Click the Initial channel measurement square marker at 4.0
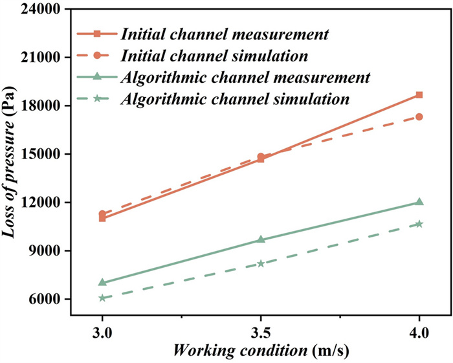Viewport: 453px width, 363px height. [419, 95]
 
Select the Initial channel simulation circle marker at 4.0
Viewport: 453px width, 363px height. [419, 117]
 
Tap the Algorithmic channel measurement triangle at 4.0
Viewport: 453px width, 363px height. [419, 202]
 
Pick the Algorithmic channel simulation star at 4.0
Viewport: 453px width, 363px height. [419, 224]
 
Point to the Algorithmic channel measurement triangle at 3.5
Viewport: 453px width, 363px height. [261, 239]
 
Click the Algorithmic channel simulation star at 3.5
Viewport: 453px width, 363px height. [261, 263]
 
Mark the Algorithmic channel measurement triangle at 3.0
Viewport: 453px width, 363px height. [102, 282]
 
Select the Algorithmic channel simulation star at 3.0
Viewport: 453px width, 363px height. [102, 298]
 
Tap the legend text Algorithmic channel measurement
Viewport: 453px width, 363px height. [245, 77]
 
